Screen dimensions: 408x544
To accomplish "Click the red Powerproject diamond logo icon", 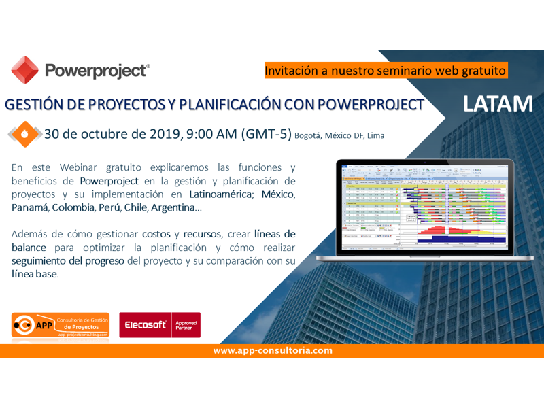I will point(25,70).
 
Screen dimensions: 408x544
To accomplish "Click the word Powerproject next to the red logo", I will point(97,71).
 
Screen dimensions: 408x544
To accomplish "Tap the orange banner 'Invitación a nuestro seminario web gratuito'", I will point(386,70).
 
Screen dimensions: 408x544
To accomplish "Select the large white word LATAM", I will point(498,103).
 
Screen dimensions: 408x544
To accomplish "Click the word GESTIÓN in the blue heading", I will point(34,105).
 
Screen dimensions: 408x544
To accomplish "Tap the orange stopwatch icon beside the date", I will point(24,133).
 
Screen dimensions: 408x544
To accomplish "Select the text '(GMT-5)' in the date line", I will point(266,134).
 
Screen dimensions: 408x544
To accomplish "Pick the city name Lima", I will point(375,136).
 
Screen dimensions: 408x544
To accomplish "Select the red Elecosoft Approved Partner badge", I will point(160,325).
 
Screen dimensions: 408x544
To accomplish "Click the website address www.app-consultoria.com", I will point(273,351).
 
